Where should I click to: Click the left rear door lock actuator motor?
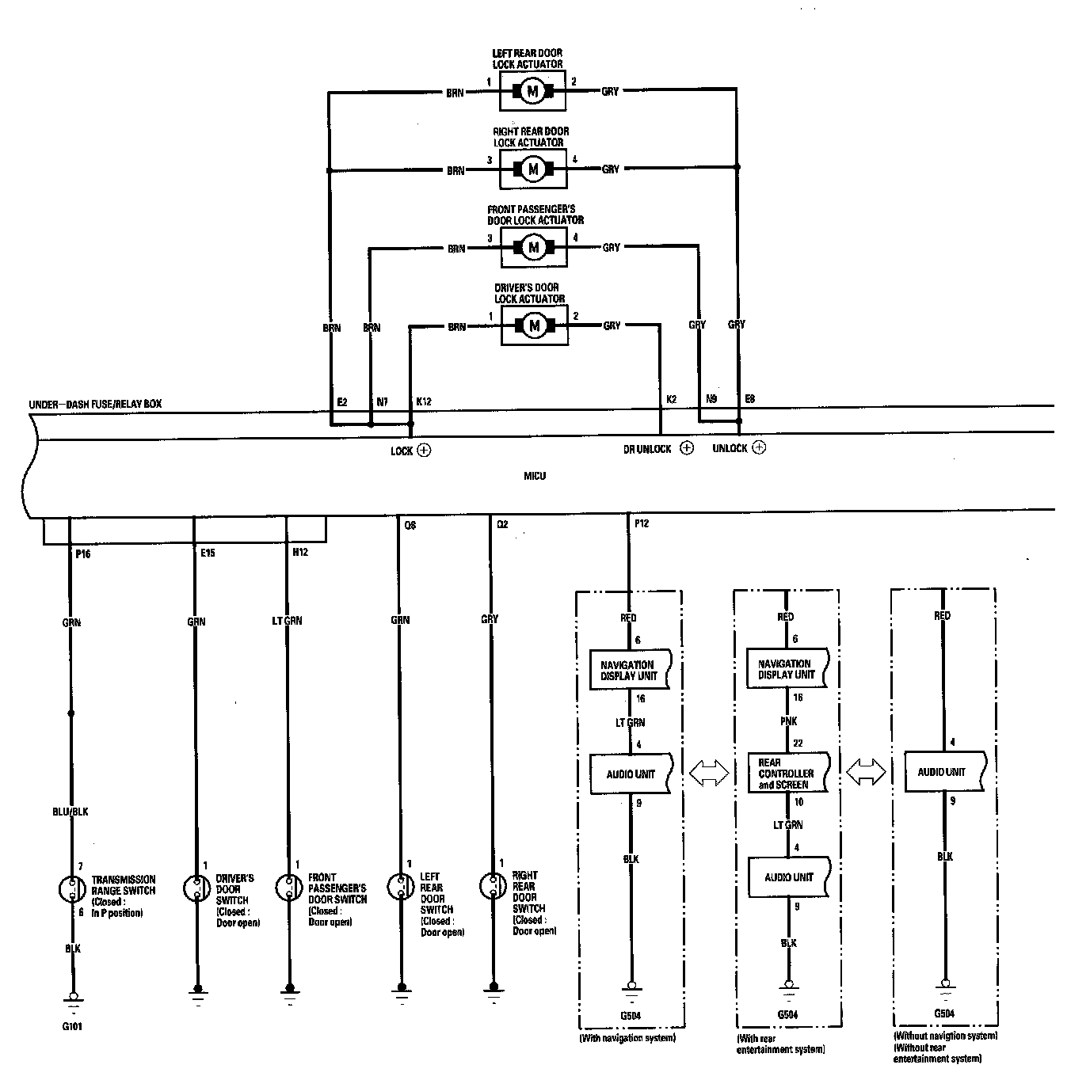click(532, 92)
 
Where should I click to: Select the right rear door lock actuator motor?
click(532, 169)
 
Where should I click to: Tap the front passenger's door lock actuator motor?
click(533, 248)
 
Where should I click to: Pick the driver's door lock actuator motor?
click(533, 325)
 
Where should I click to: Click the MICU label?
click(534, 476)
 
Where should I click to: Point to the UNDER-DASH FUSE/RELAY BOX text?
click(95, 404)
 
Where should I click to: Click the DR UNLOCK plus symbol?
click(687, 448)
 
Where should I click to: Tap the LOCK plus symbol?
click(424, 451)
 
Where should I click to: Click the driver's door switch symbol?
click(195, 888)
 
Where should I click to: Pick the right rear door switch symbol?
click(493, 885)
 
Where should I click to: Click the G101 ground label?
click(71, 1027)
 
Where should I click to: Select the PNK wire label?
click(788, 721)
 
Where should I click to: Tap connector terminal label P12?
click(641, 523)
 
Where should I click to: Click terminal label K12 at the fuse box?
click(423, 402)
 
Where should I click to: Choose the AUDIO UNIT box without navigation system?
click(943, 772)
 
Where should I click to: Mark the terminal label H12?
click(300, 552)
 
